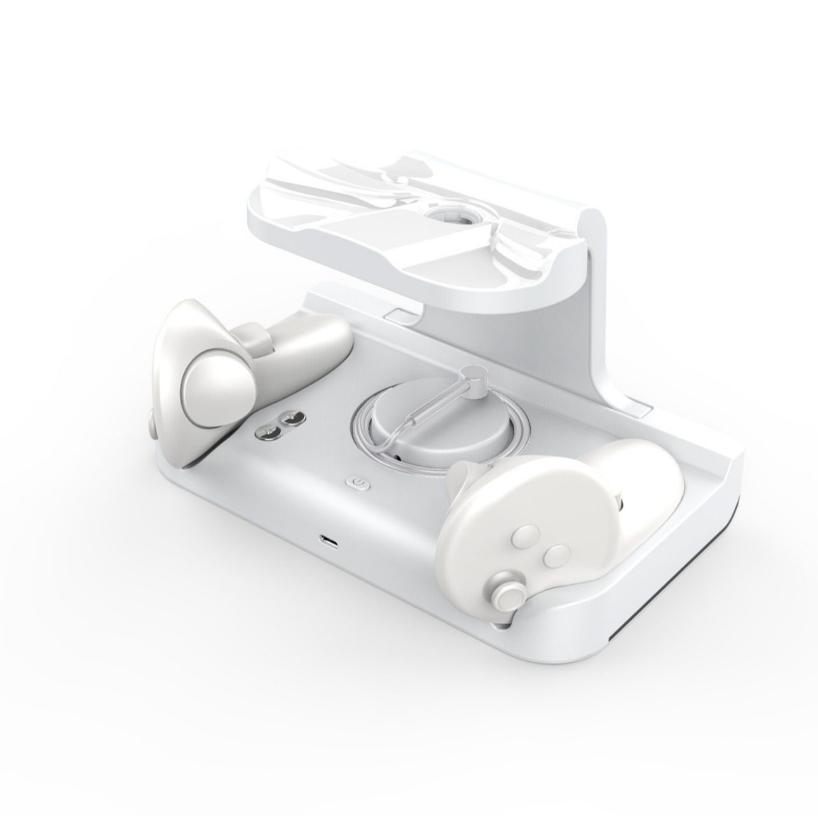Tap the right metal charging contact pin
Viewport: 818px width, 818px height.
[292, 418]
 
